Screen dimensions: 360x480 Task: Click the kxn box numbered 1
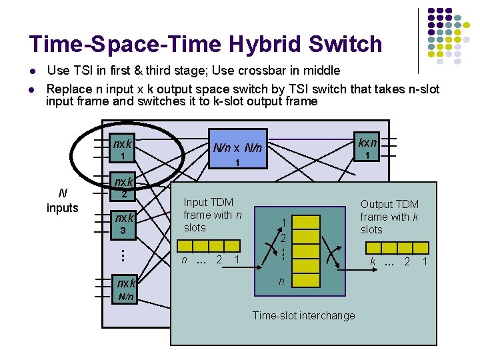(x=367, y=148)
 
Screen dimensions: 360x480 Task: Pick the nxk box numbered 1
(x=123, y=149)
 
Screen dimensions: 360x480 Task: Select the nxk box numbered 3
(x=123, y=223)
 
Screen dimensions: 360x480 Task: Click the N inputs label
(x=63, y=201)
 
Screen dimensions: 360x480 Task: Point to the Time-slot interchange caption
(x=303, y=315)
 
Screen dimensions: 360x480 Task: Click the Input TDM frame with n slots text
(x=212, y=215)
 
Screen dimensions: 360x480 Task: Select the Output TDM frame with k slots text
(x=389, y=217)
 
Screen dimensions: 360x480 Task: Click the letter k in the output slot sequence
(x=373, y=262)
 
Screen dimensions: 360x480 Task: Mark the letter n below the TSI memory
(x=281, y=282)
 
